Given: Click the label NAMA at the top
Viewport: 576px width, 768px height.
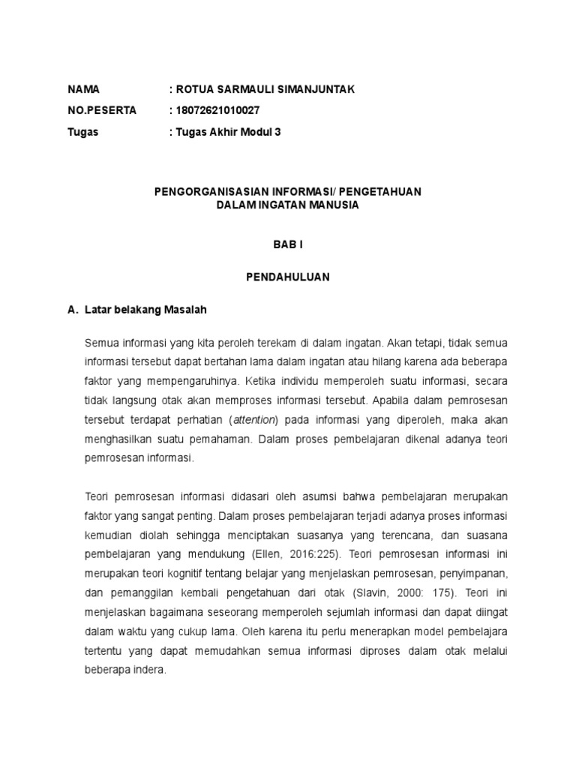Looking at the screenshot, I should (83, 90).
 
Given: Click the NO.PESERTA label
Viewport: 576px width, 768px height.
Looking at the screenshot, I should (102, 111).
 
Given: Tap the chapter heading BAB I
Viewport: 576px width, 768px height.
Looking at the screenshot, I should (287, 244).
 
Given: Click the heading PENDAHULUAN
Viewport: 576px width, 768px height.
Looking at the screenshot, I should (287, 277).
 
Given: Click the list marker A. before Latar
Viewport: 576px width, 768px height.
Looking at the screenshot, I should (73, 309).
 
